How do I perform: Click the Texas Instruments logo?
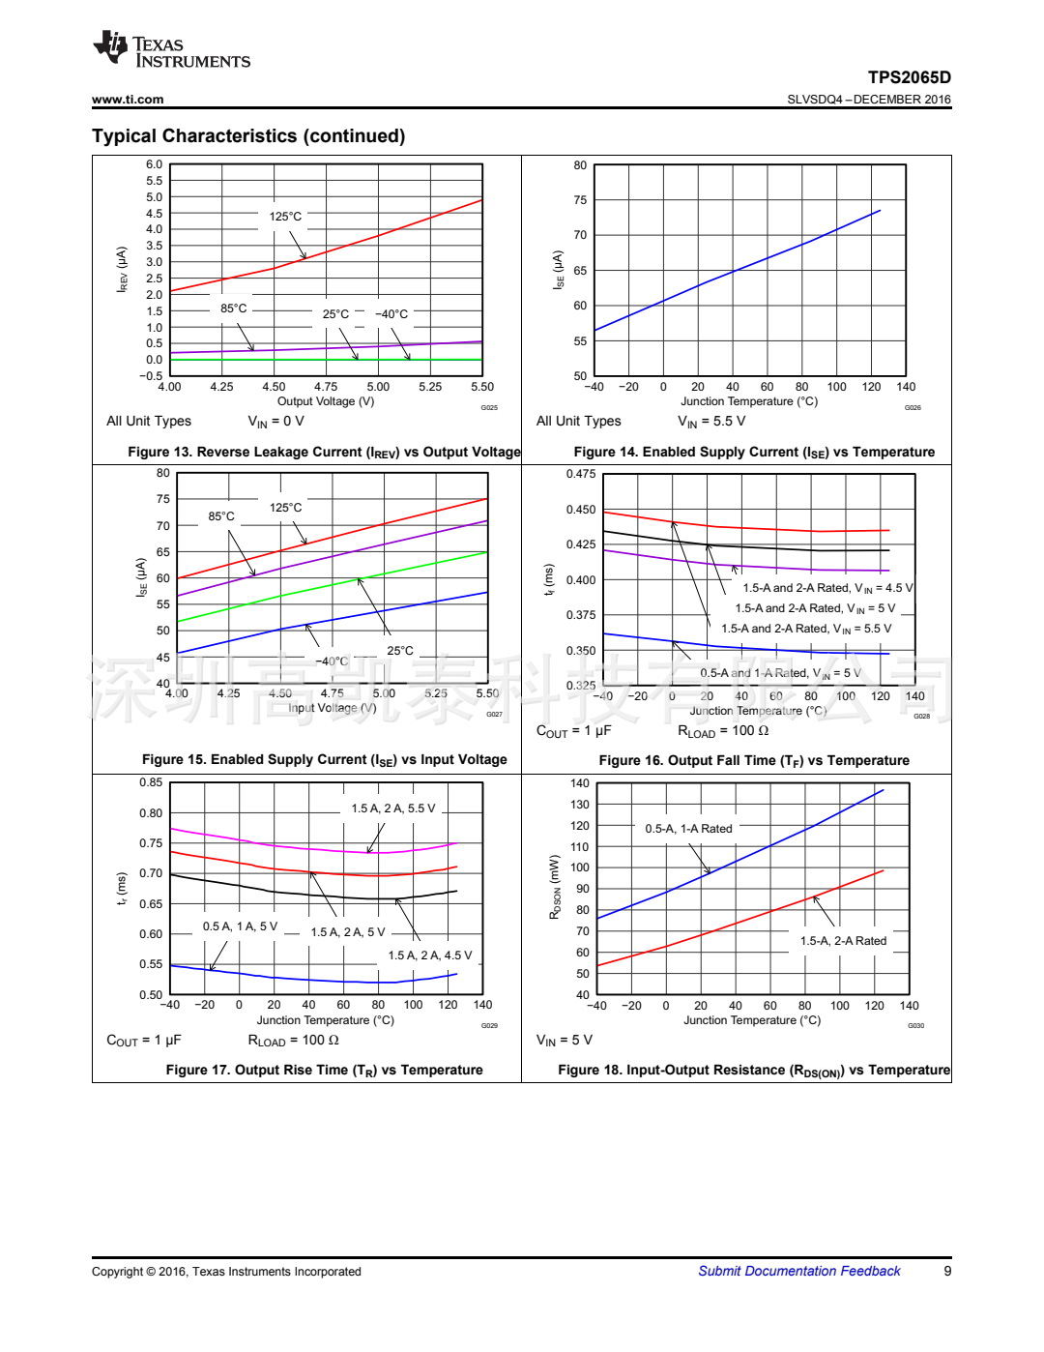click(171, 50)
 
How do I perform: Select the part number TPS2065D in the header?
click(909, 77)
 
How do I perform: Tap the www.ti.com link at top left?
click(128, 100)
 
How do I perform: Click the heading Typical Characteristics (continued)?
click(248, 136)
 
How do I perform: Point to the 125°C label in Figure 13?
click(285, 217)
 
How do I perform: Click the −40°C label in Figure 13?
click(391, 314)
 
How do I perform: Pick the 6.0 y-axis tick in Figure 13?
click(154, 164)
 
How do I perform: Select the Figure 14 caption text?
click(754, 452)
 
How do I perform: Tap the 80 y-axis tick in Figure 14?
click(580, 165)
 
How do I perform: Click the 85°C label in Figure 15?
click(221, 516)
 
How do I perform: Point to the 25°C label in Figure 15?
click(400, 651)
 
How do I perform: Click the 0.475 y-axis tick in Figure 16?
click(581, 474)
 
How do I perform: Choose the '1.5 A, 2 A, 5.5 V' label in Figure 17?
click(393, 808)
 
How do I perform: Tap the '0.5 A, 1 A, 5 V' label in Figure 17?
click(240, 926)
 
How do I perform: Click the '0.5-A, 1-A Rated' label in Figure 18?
click(688, 829)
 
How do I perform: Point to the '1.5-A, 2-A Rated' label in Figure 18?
click(843, 941)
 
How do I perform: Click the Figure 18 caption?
click(754, 1070)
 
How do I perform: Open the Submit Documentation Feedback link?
click(798, 1271)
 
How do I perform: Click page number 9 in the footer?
click(947, 1271)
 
